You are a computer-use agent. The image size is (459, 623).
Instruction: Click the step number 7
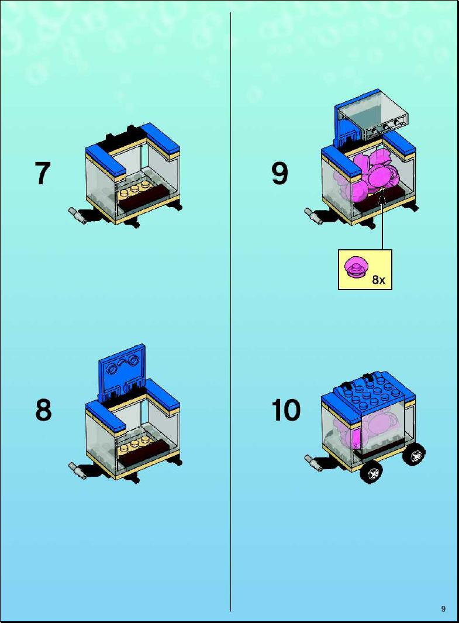pos(43,173)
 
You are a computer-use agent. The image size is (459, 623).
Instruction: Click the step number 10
pos(286,409)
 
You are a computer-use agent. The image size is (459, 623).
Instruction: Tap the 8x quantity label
pos(378,280)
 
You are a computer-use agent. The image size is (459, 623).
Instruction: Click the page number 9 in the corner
pos(443,609)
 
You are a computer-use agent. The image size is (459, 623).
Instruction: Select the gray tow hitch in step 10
pos(313,463)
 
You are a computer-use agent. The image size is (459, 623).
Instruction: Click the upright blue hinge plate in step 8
pos(122,374)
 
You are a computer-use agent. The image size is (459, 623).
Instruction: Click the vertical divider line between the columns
pos(231,312)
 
